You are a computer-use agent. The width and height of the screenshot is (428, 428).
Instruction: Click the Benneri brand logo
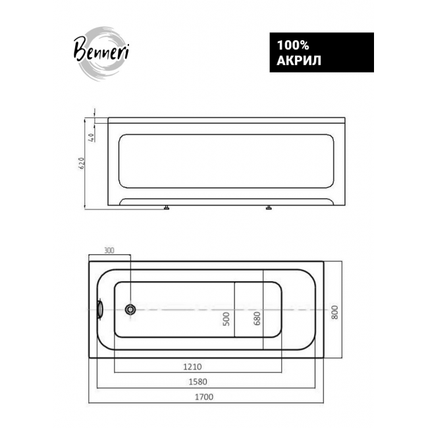[101, 52]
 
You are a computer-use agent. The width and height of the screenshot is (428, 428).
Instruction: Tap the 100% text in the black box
[293, 45]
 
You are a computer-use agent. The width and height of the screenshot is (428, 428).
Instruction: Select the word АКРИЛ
[299, 61]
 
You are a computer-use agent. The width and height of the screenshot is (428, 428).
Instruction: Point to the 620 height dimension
[82, 163]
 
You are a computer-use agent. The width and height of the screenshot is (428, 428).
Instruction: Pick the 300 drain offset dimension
[109, 250]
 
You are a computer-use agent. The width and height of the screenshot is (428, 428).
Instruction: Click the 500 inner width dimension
[227, 319]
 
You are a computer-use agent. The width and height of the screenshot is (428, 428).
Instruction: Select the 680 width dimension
[257, 318]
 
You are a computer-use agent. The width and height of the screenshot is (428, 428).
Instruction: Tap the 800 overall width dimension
[334, 312]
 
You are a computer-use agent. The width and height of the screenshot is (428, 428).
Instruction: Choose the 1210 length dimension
[192, 367]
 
